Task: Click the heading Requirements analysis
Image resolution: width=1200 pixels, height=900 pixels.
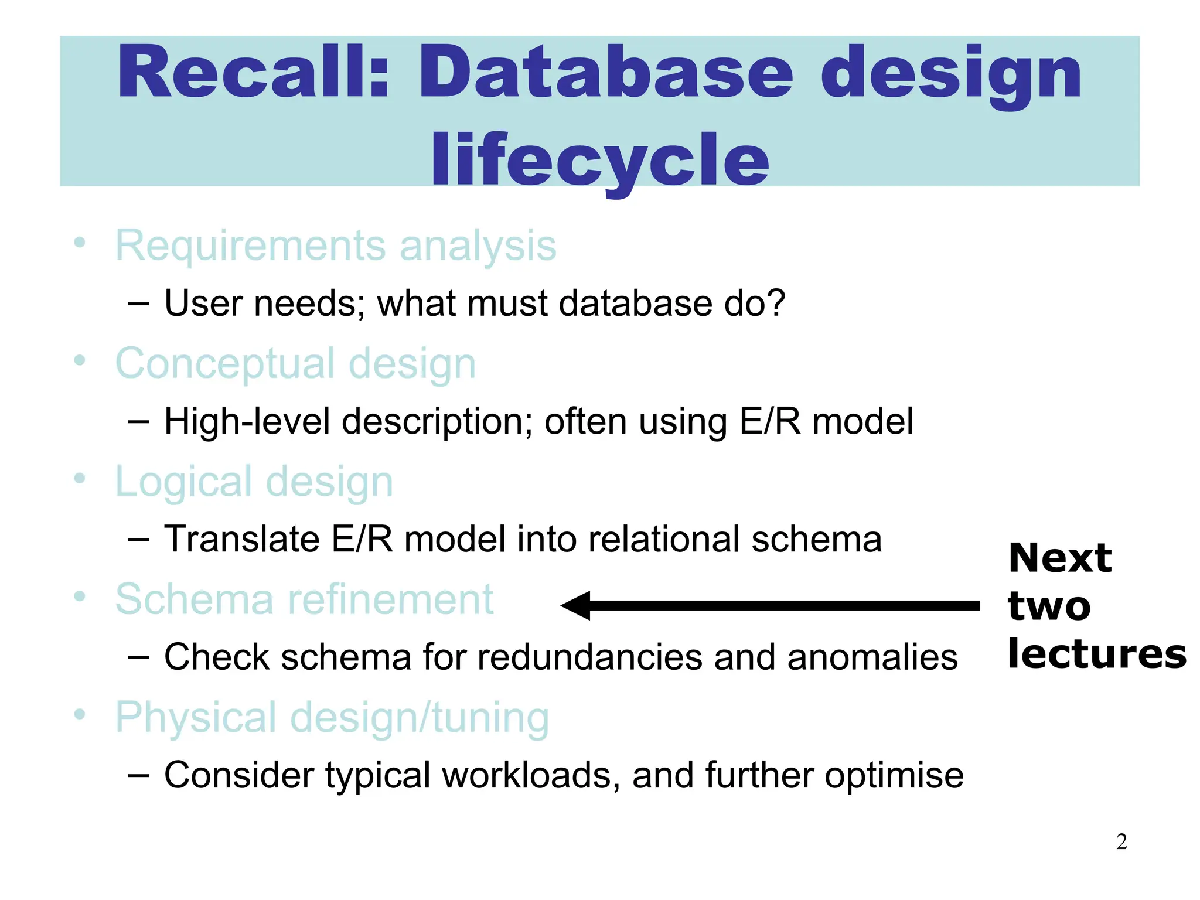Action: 335,246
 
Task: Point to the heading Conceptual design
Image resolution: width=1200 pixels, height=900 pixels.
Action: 295,364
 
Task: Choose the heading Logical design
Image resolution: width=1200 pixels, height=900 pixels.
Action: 254,482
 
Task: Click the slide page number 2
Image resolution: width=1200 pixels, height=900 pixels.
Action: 1121,842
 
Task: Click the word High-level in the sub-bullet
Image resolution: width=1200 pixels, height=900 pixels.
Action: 247,421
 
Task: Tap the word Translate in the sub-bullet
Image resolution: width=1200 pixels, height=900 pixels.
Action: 241,539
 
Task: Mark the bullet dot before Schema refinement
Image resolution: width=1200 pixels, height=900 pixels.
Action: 80,596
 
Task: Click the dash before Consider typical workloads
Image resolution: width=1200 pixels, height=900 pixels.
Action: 138,775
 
